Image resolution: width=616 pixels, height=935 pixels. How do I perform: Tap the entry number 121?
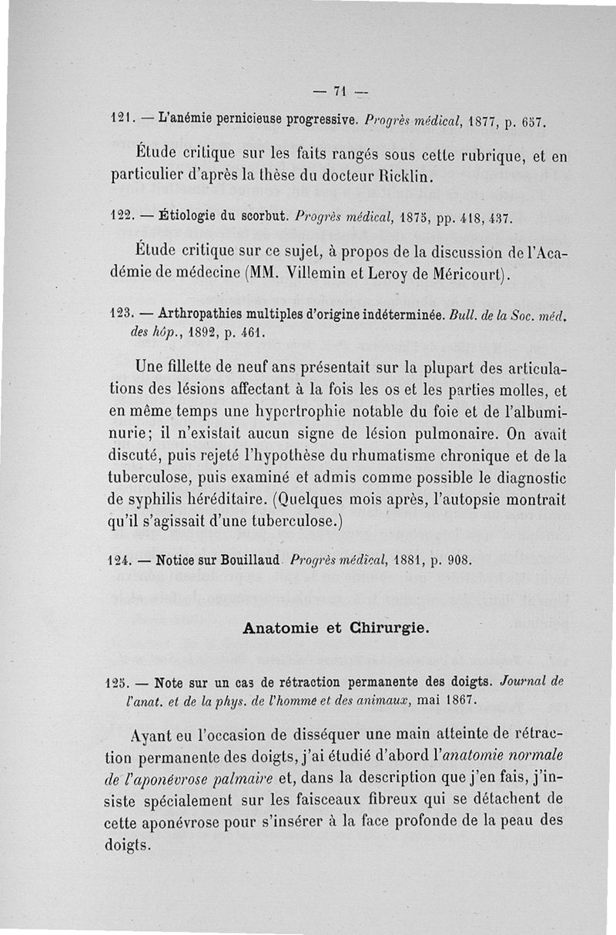[x=117, y=121]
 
